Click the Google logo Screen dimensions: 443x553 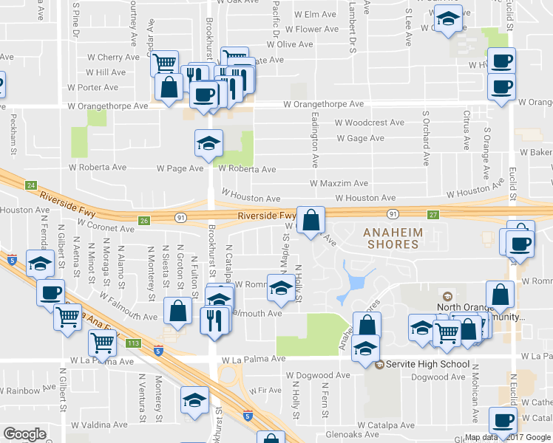(25, 434)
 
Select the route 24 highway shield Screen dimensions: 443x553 (30, 185)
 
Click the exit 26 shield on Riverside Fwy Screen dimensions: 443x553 (145, 220)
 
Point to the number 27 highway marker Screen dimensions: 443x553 (433, 214)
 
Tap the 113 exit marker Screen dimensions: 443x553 (133, 343)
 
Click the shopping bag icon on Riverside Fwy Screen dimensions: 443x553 (312, 219)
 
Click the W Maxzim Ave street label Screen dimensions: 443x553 (339, 183)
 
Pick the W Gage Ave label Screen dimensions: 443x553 (360, 138)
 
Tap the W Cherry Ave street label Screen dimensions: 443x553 (113, 57)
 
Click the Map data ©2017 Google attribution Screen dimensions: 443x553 (507, 437)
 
